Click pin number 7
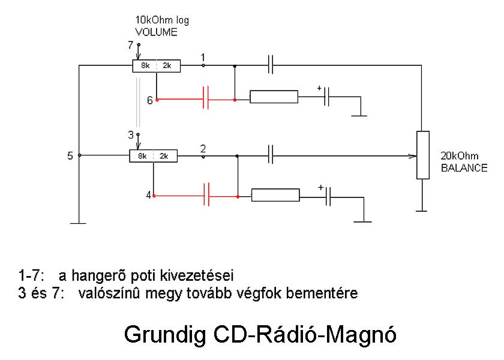tap(131, 45)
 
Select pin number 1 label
tap(203, 57)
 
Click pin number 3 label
tap(131, 134)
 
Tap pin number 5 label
tap(71, 156)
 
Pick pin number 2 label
tap(203, 148)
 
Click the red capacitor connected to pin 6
tap(206, 98)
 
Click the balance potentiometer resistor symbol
tap(423, 155)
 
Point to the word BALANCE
tap(464, 168)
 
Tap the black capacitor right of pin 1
tap(271, 65)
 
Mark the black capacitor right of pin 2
tap(271, 156)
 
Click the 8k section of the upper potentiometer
tap(145, 65)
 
